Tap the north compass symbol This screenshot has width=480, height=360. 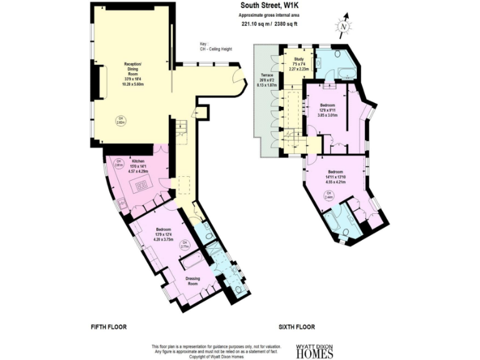point(342,27)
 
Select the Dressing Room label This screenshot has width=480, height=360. point(195,280)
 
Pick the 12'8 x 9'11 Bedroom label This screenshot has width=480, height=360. point(329,109)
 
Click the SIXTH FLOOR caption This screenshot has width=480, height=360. point(296,327)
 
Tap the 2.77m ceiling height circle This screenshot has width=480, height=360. point(184,246)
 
